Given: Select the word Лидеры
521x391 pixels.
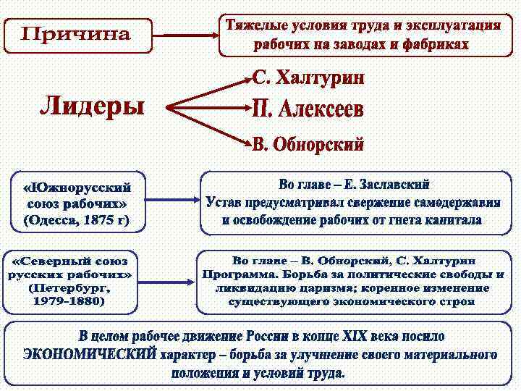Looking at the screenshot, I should [91, 106].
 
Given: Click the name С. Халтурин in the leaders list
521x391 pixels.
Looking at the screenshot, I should [308, 78].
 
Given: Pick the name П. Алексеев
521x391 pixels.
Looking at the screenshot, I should [308, 110].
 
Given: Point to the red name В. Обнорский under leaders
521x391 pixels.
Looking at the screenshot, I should [308, 143].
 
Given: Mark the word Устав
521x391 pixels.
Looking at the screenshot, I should [223, 202].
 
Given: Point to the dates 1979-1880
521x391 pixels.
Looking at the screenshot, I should [69, 300].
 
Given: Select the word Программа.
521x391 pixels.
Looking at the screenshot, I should [239, 274].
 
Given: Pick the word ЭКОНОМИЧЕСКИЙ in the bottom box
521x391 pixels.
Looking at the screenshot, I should [90, 355].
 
